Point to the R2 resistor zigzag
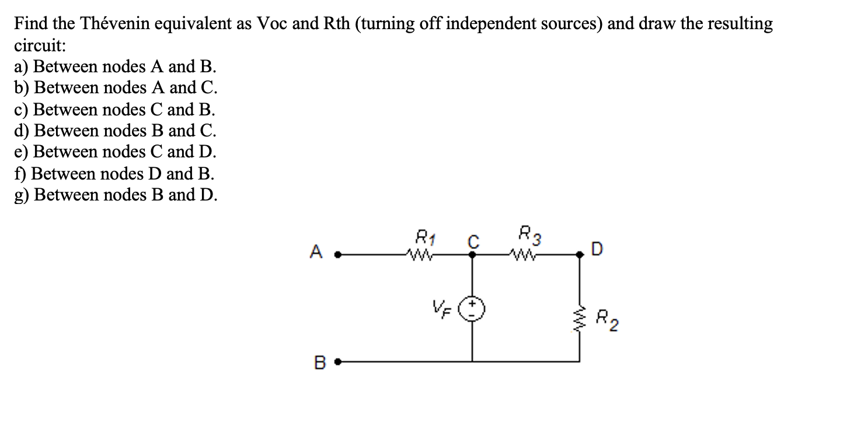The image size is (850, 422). (x=579, y=318)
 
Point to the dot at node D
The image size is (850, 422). (x=579, y=254)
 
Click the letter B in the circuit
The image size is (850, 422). (x=319, y=361)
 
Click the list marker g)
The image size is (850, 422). (x=22, y=195)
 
